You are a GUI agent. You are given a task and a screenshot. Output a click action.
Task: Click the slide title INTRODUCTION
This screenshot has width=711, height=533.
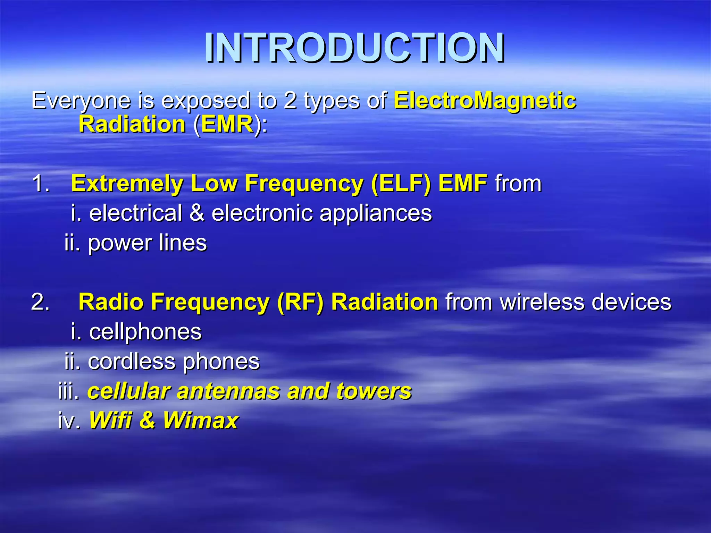[354, 48]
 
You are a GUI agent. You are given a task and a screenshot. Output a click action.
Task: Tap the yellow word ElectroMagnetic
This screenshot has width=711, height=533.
[485, 101]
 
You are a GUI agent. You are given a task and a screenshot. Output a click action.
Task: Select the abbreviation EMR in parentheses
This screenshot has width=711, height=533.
[227, 124]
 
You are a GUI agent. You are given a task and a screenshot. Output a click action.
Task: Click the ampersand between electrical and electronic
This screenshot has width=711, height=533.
[196, 213]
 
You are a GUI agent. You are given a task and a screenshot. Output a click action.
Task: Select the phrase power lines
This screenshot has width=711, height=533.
[147, 243]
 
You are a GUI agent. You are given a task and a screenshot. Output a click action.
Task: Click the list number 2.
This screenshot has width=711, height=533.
[40, 302]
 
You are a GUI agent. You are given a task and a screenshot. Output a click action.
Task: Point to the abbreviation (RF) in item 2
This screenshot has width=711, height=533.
[300, 302]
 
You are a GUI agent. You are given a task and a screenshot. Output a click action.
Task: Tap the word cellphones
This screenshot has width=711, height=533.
[145, 332]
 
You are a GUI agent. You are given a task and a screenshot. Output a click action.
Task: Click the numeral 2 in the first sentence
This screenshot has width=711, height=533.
[290, 101]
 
